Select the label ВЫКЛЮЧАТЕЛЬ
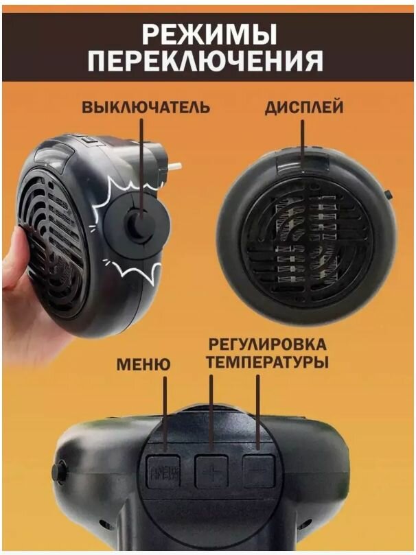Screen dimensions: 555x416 [146, 108]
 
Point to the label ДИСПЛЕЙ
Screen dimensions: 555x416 [304, 108]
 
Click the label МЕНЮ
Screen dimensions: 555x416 [143, 363]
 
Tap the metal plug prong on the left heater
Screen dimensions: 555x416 [176, 165]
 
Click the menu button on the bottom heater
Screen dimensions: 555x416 [163, 472]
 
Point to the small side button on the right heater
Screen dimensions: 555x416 [389, 195]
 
